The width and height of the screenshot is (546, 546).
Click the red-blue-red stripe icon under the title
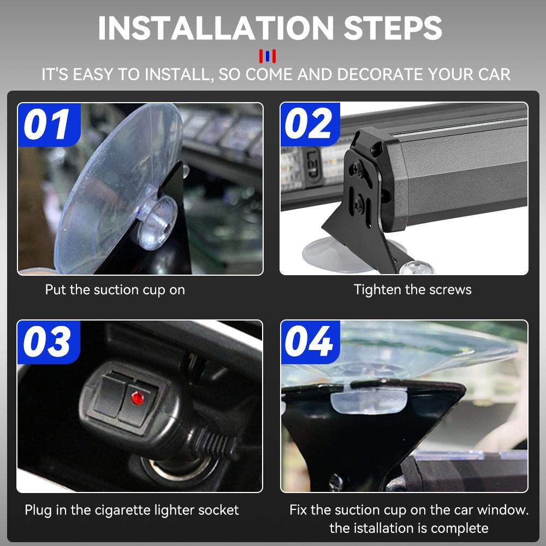[x=268, y=56]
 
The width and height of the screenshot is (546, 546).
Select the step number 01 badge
[x=48, y=124]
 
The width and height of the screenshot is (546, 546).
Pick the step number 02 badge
[x=309, y=124]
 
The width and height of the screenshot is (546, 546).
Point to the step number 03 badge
[x=48, y=342]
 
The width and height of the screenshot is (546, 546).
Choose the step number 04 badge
[x=309, y=342]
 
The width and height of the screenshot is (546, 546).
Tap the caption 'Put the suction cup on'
[x=115, y=290]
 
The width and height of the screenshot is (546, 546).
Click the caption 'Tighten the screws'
[x=412, y=290]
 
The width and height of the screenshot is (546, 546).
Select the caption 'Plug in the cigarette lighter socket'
[x=132, y=510]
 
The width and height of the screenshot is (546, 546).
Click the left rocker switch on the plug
[x=109, y=393]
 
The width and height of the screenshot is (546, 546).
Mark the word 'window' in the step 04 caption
[x=502, y=510]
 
